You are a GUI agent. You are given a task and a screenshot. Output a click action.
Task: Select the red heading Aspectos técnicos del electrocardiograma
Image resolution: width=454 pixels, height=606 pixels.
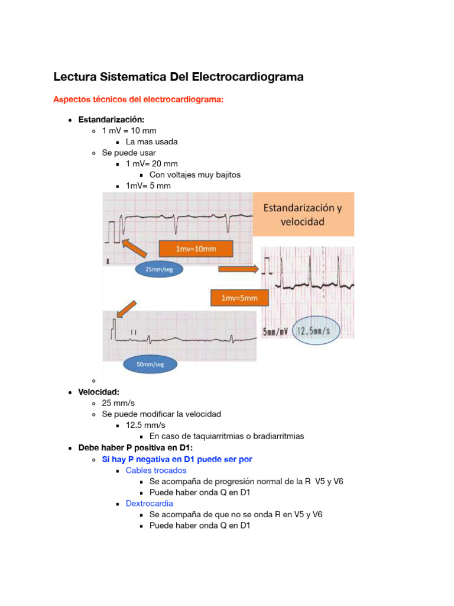[x=138, y=99]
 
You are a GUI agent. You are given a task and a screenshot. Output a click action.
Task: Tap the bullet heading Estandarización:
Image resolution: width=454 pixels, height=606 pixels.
[x=111, y=120]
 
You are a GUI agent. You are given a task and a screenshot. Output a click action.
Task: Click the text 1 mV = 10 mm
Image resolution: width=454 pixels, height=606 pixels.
[x=129, y=130]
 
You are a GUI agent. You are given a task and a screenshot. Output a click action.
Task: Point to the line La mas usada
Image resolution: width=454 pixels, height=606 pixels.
[x=151, y=141]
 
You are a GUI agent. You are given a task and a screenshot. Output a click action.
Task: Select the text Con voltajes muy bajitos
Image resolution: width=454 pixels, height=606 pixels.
[x=195, y=175]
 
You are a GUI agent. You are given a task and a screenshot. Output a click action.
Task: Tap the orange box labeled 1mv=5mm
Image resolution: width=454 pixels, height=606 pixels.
[x=239, y=298]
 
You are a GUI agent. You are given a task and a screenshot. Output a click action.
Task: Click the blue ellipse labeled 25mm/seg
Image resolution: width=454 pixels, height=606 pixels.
[x=160, y=269]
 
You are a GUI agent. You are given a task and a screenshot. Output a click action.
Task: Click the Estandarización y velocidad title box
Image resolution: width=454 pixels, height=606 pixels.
[x=304, y=215]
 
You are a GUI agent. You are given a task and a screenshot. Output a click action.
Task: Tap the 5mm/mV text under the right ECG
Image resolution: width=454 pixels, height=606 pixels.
[x=274, y=331]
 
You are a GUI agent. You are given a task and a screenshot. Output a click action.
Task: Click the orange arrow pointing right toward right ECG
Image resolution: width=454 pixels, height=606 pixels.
[x=238, y=269]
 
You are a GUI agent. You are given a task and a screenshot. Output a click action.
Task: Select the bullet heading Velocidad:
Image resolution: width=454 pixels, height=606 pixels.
[x=99, y=392]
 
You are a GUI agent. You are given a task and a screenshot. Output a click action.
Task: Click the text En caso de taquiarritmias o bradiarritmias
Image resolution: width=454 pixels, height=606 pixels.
[x=226, y=436]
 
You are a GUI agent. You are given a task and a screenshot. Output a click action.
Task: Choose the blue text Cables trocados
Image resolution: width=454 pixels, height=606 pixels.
[x=156, y=470]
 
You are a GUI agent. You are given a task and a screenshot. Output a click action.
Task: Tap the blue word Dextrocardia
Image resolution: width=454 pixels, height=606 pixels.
[x=150, y=503]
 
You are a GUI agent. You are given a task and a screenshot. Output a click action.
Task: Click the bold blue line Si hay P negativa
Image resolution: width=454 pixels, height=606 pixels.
[x=177, y=459]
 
